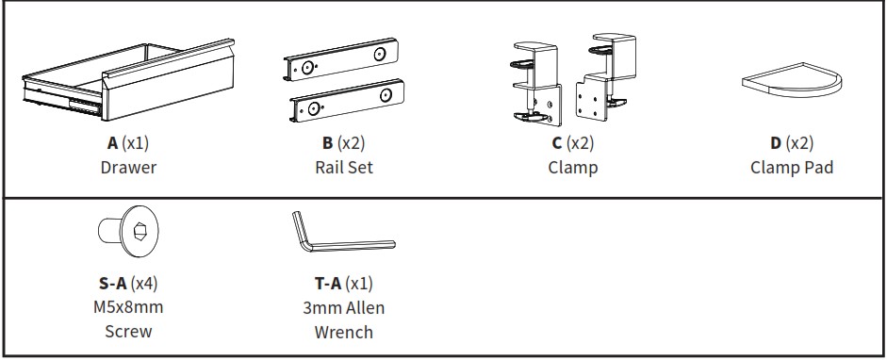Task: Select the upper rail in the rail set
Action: (341, 59)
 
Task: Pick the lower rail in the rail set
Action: (347, 101)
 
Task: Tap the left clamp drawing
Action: (536, 84)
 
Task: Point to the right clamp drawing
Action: (605, 77)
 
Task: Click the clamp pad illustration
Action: (792, 80)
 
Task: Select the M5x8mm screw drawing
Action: (128, 231)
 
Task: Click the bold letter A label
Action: (112, 143)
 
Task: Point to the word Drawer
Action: (128, 168)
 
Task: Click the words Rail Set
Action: (344, 168)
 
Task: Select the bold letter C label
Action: (557, 143)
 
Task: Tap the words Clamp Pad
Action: (792, 168)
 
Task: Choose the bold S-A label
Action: (112, 283)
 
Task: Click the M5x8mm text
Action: (128, 307)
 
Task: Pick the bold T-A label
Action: (328, 283)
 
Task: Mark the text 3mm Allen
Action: (343, 308)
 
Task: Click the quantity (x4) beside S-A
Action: (144, 283)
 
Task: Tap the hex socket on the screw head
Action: (140, 231)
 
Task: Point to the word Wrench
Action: (343, 332)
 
